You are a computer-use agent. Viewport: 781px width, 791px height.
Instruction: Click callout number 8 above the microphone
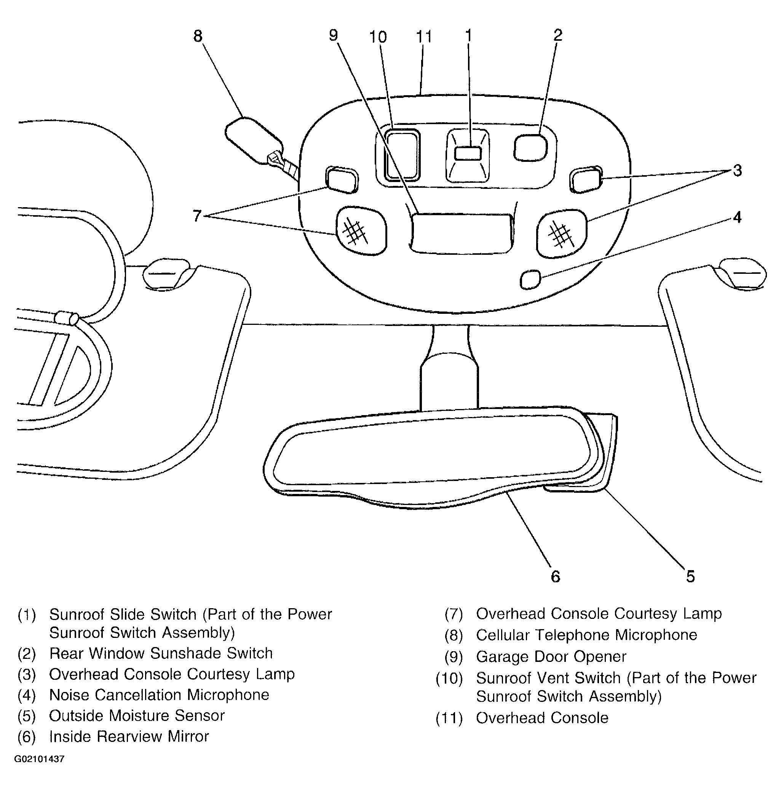[x=198, y=37]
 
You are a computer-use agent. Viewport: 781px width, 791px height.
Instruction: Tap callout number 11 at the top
[x=424, y=37]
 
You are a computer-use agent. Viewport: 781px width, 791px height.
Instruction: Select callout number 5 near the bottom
[x=690, y=577]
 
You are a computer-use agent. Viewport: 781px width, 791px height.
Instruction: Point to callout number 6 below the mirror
[x=555, y=577]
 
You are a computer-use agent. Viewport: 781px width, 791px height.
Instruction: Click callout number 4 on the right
[x=737, y=217]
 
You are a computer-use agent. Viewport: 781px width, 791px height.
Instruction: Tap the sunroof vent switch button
[x=402, y=154]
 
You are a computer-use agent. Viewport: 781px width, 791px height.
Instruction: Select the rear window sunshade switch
[x=530, y=147]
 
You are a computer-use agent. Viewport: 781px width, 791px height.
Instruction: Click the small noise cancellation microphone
[x=530, y=280]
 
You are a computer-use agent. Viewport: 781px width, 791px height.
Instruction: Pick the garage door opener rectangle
[x=461, y=232]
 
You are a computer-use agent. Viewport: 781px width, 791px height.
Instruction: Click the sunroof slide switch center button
[x=468, y=153]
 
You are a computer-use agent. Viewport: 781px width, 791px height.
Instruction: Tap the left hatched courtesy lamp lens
[x=361, y=230]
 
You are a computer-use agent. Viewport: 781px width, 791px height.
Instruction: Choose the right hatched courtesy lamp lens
[x=561, y=233]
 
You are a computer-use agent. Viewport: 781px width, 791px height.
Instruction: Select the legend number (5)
[x=27, y=716]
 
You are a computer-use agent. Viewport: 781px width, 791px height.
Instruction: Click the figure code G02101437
[x=39, y=759]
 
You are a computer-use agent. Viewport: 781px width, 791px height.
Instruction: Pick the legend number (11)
[x=449, y=719]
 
